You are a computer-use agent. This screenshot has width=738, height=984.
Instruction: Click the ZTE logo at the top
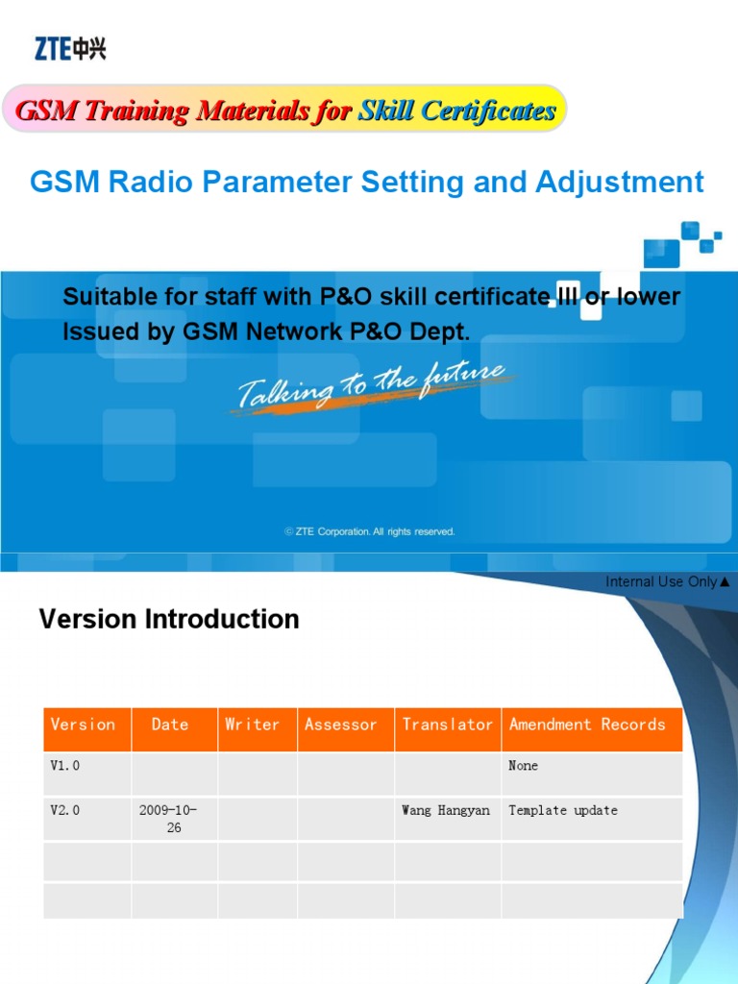70,48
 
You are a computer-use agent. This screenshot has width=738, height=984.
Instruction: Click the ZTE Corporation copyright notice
370,531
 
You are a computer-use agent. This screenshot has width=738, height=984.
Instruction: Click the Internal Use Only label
668,581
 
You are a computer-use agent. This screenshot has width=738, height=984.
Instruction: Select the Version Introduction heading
169,619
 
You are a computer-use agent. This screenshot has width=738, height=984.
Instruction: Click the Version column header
83,725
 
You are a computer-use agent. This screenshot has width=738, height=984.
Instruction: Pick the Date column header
170,725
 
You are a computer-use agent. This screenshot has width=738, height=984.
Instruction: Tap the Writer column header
252,725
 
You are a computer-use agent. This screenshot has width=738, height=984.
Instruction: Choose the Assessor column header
341,725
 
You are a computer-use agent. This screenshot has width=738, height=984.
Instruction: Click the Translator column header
447,725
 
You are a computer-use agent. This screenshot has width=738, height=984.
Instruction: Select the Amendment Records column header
587,725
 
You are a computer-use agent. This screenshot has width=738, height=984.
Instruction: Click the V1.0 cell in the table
65,766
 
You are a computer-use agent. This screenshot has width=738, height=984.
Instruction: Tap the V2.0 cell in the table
65,810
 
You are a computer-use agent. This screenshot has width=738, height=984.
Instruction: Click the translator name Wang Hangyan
446,810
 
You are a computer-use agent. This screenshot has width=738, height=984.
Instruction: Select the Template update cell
563,810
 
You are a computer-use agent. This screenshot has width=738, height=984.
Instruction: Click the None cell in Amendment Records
524,766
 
